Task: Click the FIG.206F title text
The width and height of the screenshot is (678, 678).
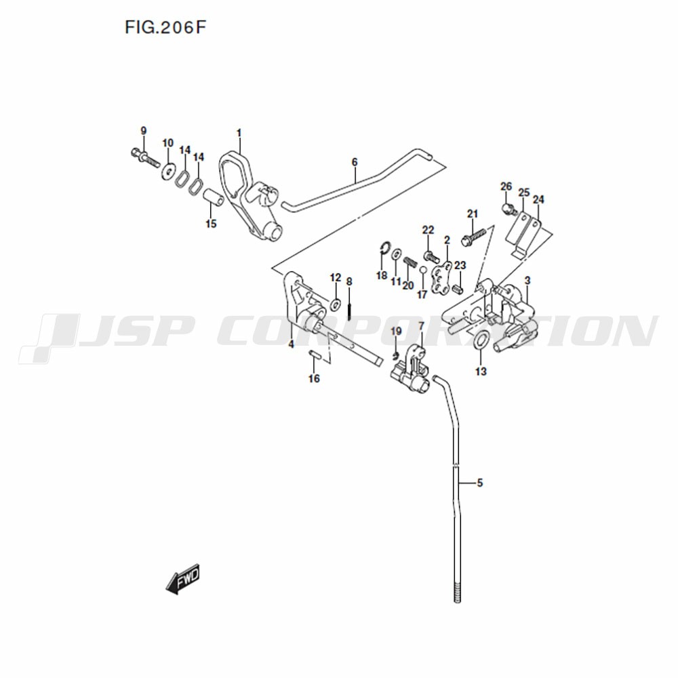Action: [x=165, y=27]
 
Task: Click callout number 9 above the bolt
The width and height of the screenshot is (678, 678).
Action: [x=144, y=131]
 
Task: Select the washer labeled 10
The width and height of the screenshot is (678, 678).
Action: [x=167, y=171]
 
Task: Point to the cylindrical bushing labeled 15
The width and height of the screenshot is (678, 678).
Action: [x=214, y=199]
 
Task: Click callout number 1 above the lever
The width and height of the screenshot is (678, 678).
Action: [x=239, y=133]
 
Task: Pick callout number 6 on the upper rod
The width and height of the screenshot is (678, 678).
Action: [x=355, y=162]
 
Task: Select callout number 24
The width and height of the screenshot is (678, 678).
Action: [x=538, y=200]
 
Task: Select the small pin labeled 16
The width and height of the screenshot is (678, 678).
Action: [x=315, y=355]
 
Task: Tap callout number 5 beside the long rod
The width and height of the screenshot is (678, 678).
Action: [x=479, y=483]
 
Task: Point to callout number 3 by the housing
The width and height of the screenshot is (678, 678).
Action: [x=527, y=281]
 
